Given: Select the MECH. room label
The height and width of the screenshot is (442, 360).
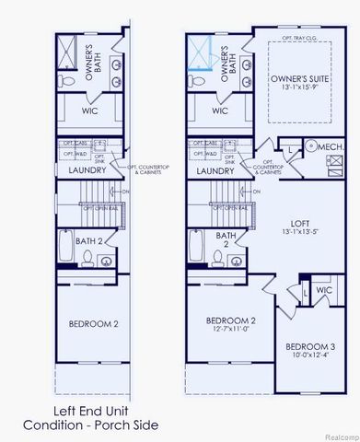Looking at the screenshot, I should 333,145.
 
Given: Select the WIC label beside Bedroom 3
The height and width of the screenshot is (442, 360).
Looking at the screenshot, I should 322,289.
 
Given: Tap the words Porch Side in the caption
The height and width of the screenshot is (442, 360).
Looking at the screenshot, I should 128,425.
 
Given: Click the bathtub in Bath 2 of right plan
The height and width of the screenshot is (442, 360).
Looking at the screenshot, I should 196,247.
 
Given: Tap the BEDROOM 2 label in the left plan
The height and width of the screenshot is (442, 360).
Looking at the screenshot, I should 94,324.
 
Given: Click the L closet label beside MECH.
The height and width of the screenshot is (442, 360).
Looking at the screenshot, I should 290,147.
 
